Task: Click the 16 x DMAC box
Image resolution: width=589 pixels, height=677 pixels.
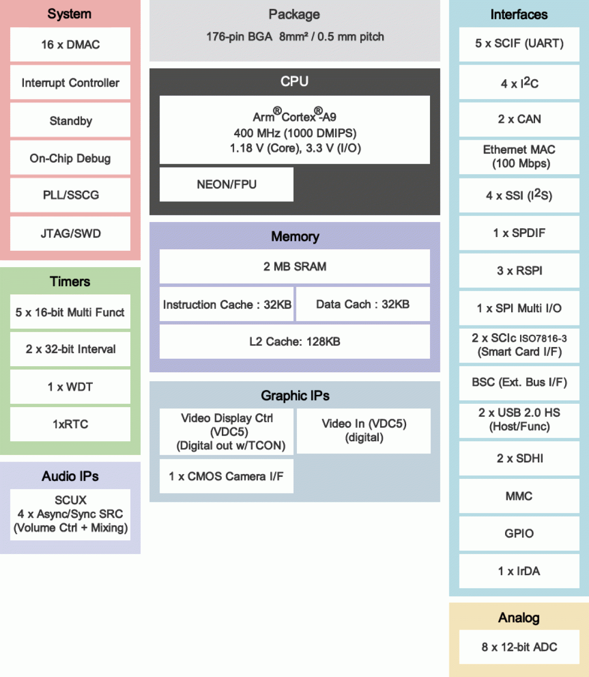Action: pyautogui.click(x=70, y=45)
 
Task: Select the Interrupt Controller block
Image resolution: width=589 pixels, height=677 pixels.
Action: pyautogui.click(x=70, y=83)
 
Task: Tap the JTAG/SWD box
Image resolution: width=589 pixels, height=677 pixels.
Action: pyautogui.click(x=70, y=233)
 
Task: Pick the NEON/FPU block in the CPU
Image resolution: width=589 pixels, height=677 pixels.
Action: pyautogui.click(x=227, y=185)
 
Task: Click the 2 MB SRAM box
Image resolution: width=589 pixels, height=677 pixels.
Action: pyautogui.click(x=294, y=266)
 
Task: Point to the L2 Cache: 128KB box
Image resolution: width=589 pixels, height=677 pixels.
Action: pyautogui.click(x=294, y=341)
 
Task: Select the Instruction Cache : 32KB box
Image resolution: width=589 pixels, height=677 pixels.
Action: pyautogui.click(x=227, y=304)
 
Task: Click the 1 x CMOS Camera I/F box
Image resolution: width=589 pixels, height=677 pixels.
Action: pyautogui.click(x=227, y=476)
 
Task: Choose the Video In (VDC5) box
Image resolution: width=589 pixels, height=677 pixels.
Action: pyautogui.click(x=364, y=431)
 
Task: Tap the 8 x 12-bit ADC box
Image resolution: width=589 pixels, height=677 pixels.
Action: pyautogui.click(x=519, y=647)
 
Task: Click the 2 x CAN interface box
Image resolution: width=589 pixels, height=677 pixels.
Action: pyautogui.click(x=519, y=119)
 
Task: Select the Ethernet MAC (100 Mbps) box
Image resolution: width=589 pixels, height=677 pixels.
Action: pyautogui.click(x=519, y=156)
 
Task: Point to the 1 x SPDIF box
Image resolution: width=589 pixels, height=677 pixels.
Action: pyautogui.click(x=519, y=233)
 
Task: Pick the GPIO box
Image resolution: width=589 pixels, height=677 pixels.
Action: pyautogui.click(x=519, y=533)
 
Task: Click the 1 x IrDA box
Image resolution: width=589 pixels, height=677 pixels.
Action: pyautogui.click(x=519, y=571)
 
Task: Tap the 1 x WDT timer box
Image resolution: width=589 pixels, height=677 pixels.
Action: pyautogui.click(x=70, y=387)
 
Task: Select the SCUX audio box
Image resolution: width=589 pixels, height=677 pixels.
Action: pyautogui.click(x=70, y=514)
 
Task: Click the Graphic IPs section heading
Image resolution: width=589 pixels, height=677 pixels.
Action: pyautogui.click(x=295, y=396)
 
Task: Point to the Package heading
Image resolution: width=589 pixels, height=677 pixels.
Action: pyautogui.click(x=294, y=15)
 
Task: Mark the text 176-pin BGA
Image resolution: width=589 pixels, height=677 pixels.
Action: pyautogui.click(x=239, y=37)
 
